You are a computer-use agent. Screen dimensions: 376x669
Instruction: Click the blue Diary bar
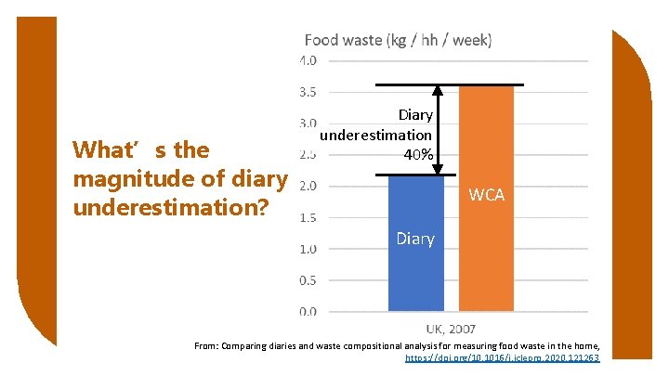(x=415, y=269)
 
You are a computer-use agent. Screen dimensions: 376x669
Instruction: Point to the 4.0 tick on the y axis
(x=308, y=60)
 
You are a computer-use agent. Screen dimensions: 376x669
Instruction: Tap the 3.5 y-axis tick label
(x=308, y=92)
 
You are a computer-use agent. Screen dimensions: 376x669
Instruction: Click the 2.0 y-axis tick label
(x=308, y=186)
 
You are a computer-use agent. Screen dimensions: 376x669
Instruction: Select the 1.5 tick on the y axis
(x=308, y=217)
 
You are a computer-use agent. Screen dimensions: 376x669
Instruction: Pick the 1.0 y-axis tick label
(x=308, y=249)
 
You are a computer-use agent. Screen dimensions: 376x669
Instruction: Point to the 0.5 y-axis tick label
(x=308, y=280)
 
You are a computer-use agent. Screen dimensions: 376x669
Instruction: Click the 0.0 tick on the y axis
(x=308, y=312)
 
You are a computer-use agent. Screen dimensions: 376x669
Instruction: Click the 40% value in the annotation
(x=417, y=154)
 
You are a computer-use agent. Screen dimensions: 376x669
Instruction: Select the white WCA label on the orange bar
(x=486, y=195)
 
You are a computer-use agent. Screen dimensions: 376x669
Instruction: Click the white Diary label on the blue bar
(x=414, y=239)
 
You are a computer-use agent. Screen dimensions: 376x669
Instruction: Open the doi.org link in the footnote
(x=503, y=357)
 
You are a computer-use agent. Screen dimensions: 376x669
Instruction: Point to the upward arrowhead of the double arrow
(x=437, y=90)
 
